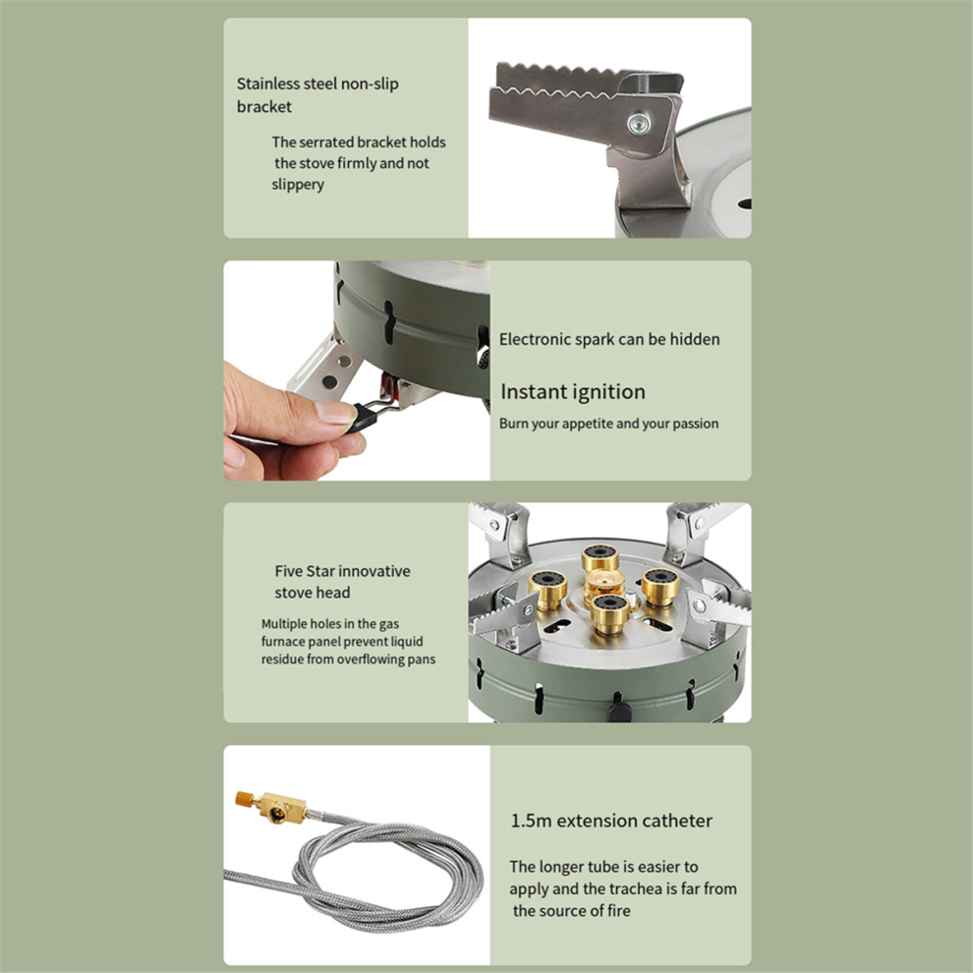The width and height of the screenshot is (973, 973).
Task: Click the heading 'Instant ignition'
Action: pos(573,392)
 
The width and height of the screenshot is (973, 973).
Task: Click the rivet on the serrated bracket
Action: pos(640,123)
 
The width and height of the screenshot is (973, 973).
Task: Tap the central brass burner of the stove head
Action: pos(604,583)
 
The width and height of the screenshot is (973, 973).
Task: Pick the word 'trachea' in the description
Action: pos(643,889)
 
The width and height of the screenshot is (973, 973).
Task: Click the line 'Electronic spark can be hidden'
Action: pos(609,339)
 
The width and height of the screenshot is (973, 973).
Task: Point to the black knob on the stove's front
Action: pos(619,708)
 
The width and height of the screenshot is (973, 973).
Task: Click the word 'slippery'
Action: pos(298,185)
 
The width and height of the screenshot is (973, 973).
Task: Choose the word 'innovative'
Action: pos(374,571)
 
